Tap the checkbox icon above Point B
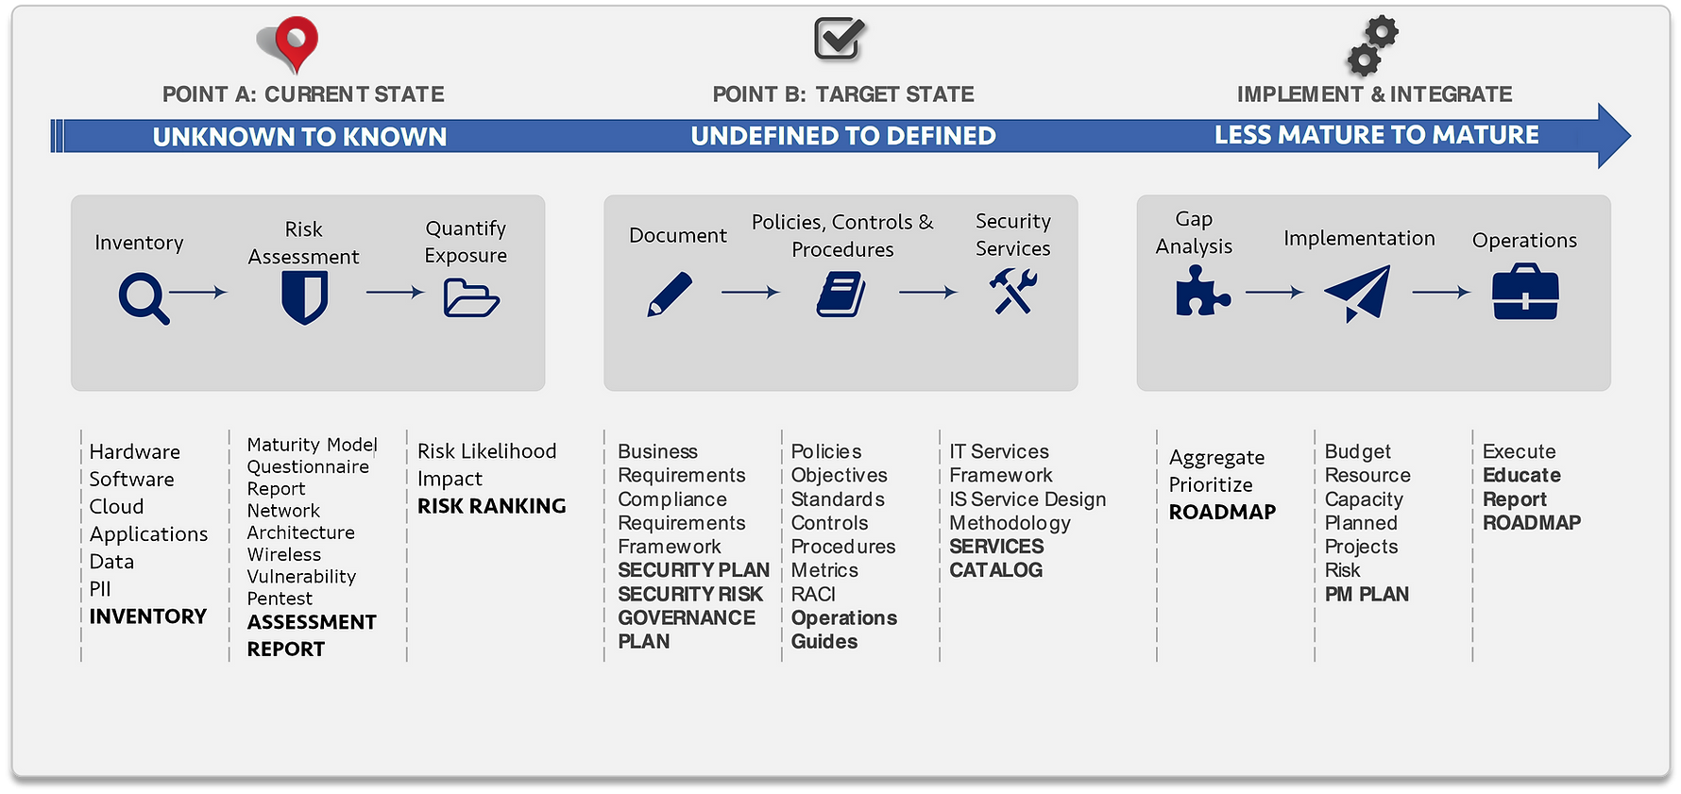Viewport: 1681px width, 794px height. [840, 39]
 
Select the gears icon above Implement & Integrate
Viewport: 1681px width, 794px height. [1372, 44]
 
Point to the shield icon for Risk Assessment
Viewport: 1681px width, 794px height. [304, 297]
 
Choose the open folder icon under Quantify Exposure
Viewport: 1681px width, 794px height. [470, 298]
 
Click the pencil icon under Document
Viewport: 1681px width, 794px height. [670, 295]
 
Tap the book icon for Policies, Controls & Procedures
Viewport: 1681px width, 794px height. [840, 295]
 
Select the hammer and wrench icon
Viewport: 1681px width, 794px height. [1013, 291]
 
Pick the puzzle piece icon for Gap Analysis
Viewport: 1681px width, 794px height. [1201, 291]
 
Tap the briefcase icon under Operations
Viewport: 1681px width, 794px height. [1525, 293]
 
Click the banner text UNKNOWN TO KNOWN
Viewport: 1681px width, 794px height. [299, 137]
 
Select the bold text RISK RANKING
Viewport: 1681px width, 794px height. [491, 506]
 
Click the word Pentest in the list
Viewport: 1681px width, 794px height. [280, 599]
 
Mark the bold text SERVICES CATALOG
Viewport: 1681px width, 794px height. [996, 558]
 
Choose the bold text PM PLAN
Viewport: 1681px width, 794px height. [1367, 594]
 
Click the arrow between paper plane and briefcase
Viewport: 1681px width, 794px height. [1441, 293]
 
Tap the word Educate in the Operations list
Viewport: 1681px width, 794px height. [1521, 475]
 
